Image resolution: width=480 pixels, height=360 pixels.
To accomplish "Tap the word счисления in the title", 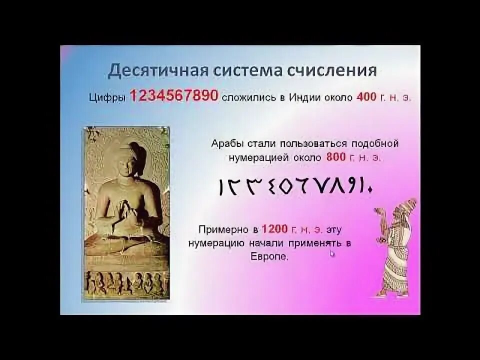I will tap(331, 70).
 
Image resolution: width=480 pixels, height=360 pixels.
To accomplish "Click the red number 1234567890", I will tap(174, 96).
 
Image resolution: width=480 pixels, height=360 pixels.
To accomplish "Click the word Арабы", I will tap(227, 144).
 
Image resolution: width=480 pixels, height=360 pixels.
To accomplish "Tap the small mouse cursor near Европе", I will tap(331, 253).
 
